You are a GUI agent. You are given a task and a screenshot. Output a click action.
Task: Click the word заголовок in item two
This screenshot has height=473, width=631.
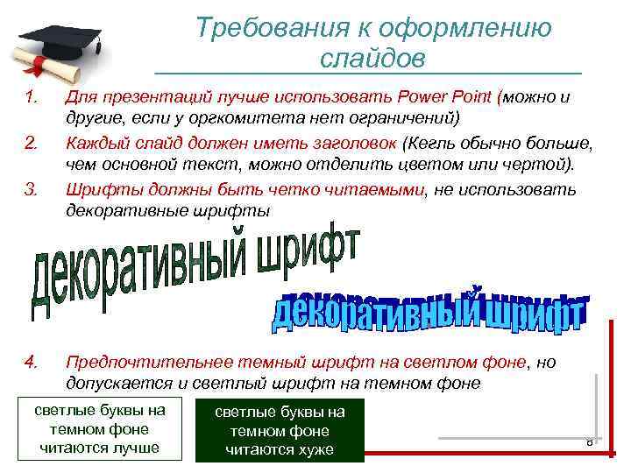point(351,142)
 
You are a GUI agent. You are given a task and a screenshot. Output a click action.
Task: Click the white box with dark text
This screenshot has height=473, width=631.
point(99,429)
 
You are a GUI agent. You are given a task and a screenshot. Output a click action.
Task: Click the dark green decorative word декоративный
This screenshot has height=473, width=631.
point(140,272)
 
